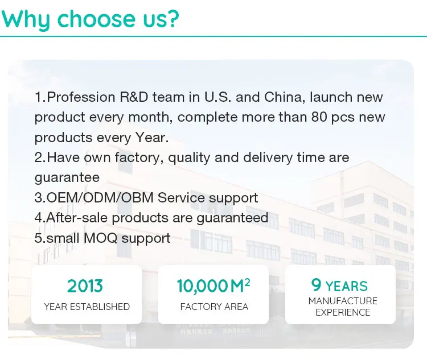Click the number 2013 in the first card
pos(85,286)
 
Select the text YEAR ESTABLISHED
pos(87,307)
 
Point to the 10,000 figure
pos(202,286)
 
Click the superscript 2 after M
pos(247,283)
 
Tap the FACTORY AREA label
pos(214,307)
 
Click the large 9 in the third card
pos(316,285)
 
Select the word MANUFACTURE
pos(343,301)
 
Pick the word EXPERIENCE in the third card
pos(343,312)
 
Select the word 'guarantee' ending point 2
pos(67,178)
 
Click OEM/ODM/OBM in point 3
pos(100,197)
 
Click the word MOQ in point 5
pos(100,238)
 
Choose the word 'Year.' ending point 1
pos(152,138)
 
